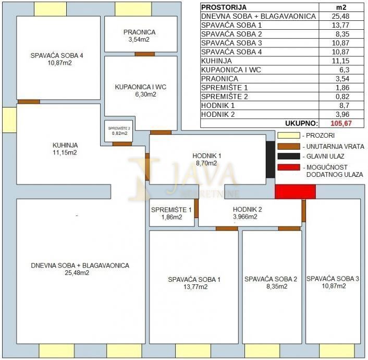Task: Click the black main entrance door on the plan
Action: [x=270, y=160]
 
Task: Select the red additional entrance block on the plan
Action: [x=295, y=191]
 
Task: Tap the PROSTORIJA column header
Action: [x=224, y=7]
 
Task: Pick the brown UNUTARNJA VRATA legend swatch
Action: [x=289, y=146]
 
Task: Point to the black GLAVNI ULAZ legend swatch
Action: [x=289, y=157]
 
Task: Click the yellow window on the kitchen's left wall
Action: [x=9, y=119]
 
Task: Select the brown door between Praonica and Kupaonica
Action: [x=144, y=54]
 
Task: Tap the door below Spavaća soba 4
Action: [x=29, y=102]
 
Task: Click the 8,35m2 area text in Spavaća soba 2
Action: [x=271, y=287]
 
